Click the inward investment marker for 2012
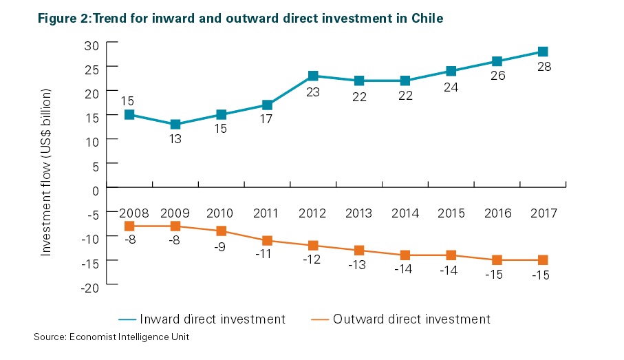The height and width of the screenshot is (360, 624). tap(313, 76)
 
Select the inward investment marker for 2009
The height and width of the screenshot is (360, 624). tap(175, 125)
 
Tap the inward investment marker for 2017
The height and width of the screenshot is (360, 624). tap(543, 52)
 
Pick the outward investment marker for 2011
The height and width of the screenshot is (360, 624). tap(267, 240)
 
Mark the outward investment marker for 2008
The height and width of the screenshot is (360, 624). tap(129, 226)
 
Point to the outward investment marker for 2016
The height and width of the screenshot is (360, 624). tap(497, 260)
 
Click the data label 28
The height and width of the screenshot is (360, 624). tap(544, 67)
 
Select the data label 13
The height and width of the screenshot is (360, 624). tap(175, 139)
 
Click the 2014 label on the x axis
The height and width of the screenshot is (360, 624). tap(405, 213)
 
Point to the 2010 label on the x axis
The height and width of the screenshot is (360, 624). tap(221, 213)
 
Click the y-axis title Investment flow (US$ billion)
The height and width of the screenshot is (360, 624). tap(47, 172)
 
